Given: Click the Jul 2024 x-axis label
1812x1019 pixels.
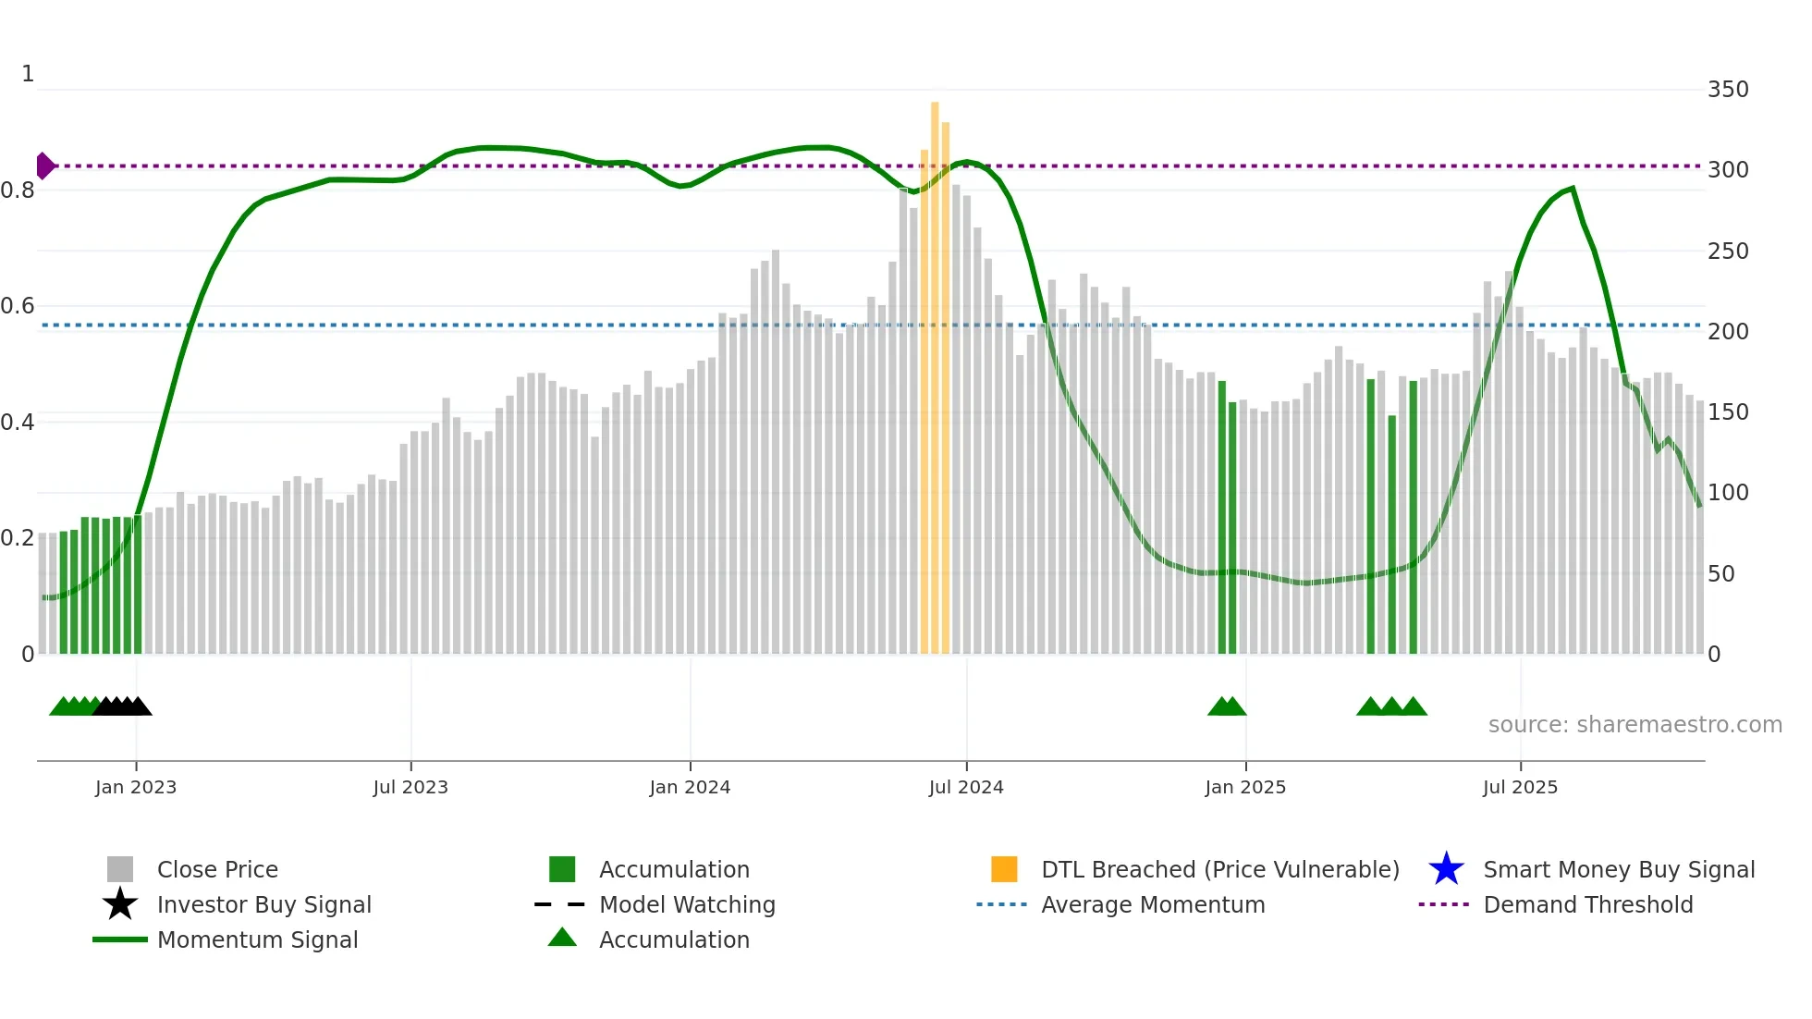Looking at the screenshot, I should [x=966, y=787].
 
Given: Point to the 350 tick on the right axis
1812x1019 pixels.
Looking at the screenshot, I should [x=1728, y=90].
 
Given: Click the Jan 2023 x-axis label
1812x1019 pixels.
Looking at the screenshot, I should [x=136, y=787].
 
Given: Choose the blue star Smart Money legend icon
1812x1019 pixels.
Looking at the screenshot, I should [x=1446, y=869].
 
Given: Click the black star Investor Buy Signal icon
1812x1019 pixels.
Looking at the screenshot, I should [x=120, y=904].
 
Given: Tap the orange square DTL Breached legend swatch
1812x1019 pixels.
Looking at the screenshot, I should [x=1004, y=869].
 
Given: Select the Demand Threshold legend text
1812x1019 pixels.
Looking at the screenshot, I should [x=1587, y=904].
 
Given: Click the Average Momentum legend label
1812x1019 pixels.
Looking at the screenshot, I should [x=1153, y=904].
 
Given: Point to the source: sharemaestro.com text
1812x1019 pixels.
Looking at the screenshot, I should [x=1634, y=725].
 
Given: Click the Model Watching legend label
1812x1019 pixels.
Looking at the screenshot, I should [x=687, y=904].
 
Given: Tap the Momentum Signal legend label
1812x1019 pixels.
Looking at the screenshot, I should [x=257, y=939].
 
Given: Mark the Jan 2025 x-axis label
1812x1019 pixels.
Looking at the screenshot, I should [x=1245, y=787].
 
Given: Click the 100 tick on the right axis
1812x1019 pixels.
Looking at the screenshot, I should [x=1728, y=493].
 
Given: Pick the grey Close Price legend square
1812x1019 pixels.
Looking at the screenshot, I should [x=120, y=869].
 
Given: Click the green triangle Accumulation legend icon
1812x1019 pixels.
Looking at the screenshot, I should [x=562, y=938].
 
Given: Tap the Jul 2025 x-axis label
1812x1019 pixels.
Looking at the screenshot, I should [x=1520, y=787].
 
